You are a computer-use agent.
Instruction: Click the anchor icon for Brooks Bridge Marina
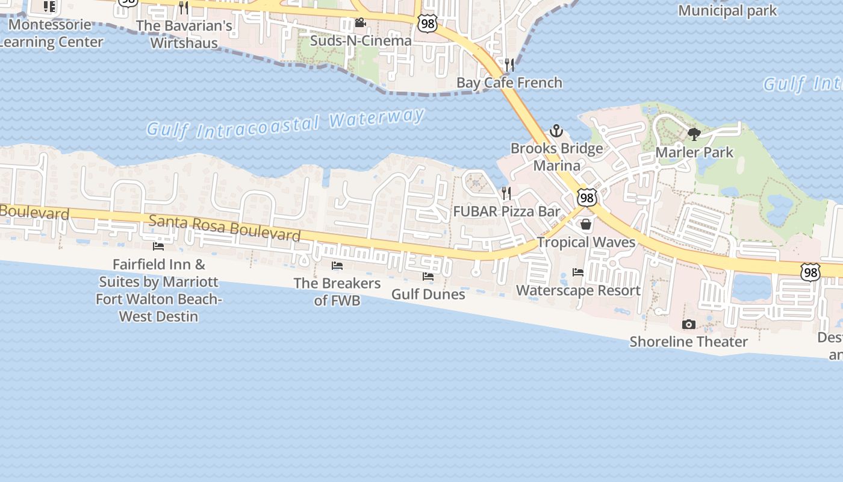(x=556, y=131)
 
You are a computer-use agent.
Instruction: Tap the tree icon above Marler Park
(x=694, y=134)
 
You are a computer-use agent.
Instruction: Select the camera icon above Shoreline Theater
(x=688, y=325)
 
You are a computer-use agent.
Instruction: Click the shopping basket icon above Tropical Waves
(x=585, y=225)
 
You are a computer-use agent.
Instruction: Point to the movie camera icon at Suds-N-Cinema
(x=360, y=23)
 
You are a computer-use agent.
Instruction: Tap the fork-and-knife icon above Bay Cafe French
(x=509, y=64)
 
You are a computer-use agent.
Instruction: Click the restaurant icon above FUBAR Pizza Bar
(x=506, y=193)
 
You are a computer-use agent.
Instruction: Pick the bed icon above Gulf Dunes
(x=428, y=277)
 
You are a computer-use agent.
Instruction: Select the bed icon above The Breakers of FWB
(x=337, y=266)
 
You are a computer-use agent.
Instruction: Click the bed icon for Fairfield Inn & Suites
(x=158, y=246)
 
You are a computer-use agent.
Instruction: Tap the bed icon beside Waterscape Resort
(x=578, y=272)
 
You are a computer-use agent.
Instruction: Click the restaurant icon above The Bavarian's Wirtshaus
(x=184, y=8)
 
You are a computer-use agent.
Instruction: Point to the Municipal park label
(x=727, y=11)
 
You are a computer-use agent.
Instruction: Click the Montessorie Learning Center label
(x=51, y=33)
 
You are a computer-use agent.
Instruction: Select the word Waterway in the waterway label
(x=377, y=118)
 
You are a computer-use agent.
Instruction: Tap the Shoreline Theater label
(x=688, y=342)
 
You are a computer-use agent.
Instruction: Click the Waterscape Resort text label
(x=578, y=290)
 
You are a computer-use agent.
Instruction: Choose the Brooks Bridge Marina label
(x=556, y=157)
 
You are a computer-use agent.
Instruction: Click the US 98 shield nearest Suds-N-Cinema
(x=427, y=24)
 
